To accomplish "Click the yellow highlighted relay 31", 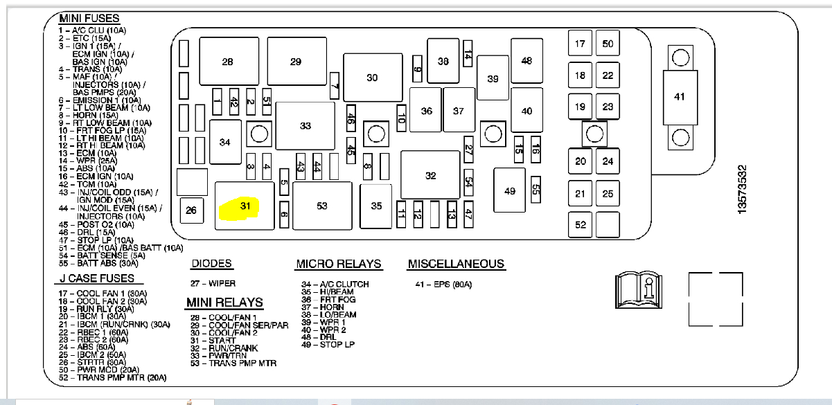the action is (x=239, y=206).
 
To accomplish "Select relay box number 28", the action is (x=227, y=62).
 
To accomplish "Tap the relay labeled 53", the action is (x=321, y=206).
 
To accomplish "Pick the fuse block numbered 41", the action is (x=679, y=98).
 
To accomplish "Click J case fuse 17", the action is (x=580, y=44).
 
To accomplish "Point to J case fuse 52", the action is (x=580, y=224).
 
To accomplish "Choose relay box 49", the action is (x=510, y=190).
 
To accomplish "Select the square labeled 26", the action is (x=191, y=210).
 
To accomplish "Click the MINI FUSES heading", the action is (x=89, y=19).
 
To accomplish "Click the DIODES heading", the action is (x=211, y=264).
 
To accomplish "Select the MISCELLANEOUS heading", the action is (x=456, y=264).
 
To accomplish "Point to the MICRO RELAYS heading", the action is (x=338, y=264).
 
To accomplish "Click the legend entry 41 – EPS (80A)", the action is (x=443, y=284).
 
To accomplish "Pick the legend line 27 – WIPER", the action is (x=213, y=284).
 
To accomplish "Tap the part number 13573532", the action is (x=742, y=189).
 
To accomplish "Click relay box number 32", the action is (x=430, y=176).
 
